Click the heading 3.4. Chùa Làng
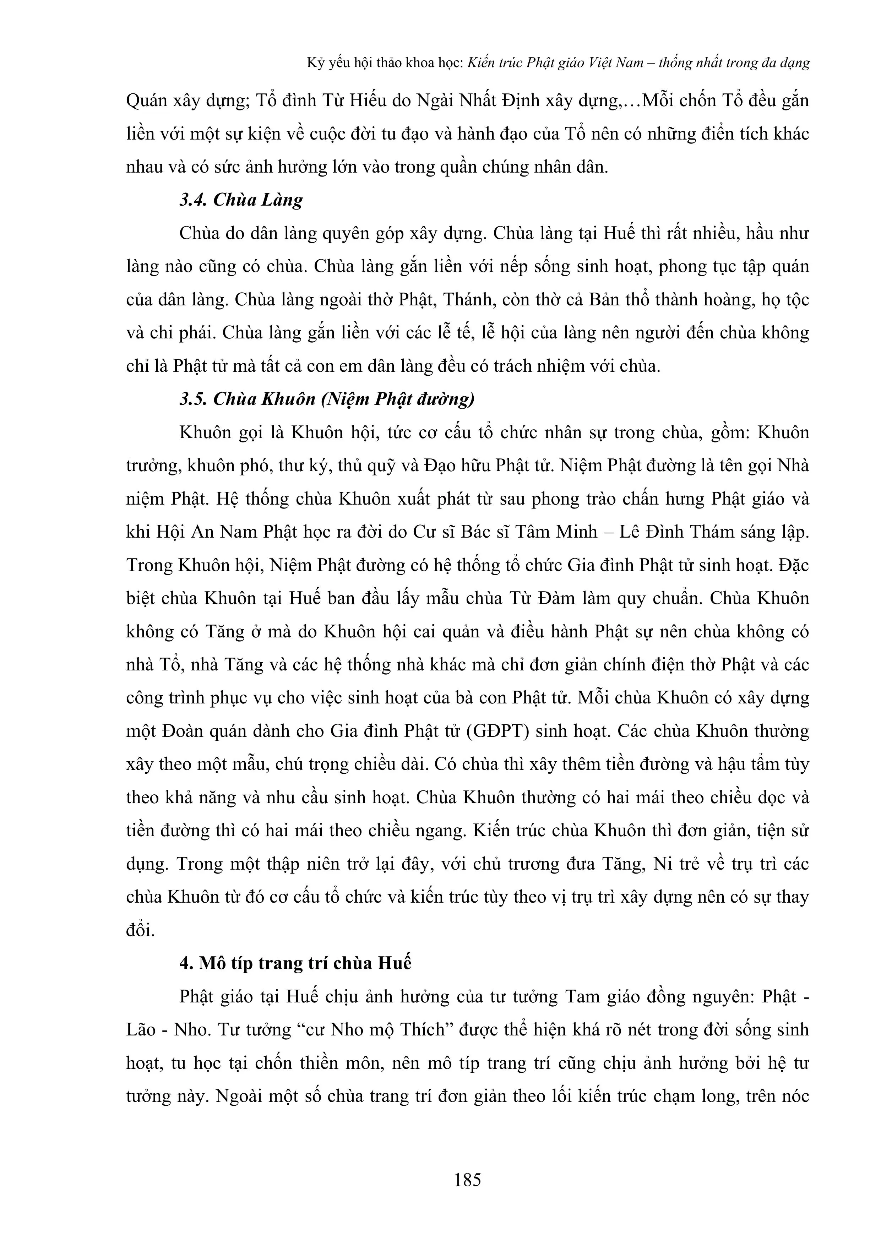point(241,200)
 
